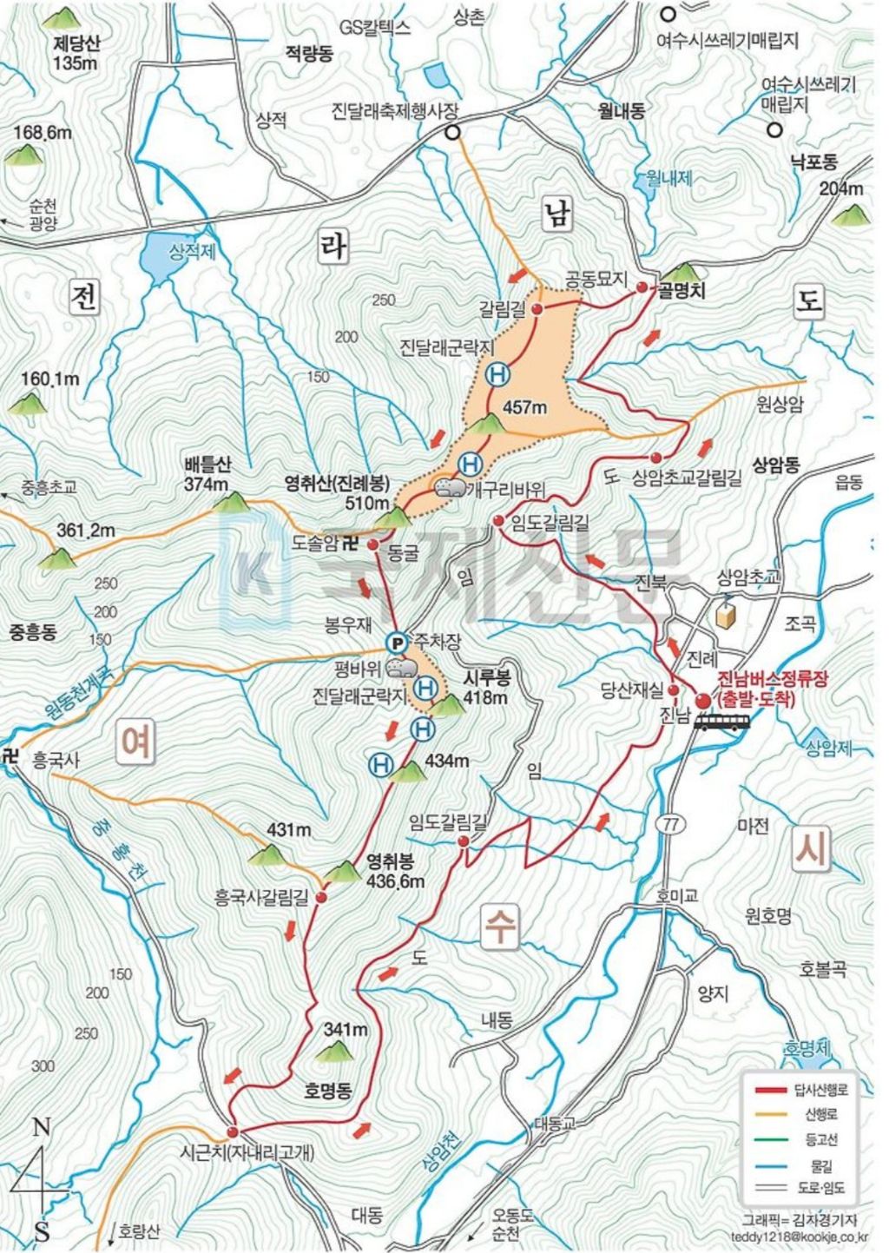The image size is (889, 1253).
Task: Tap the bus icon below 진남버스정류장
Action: coord(722,722)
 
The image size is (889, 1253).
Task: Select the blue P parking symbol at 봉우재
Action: coord(396,643)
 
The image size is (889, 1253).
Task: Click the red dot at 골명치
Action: coord(642,287)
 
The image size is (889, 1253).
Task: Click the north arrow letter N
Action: coord(40,1128)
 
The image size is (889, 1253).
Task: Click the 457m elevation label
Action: coord(526,407)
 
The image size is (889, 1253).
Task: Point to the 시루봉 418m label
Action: coord(485,689)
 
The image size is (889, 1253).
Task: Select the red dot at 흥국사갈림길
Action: coord(321,896)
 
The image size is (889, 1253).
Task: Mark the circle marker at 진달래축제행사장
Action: coord(452,132)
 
